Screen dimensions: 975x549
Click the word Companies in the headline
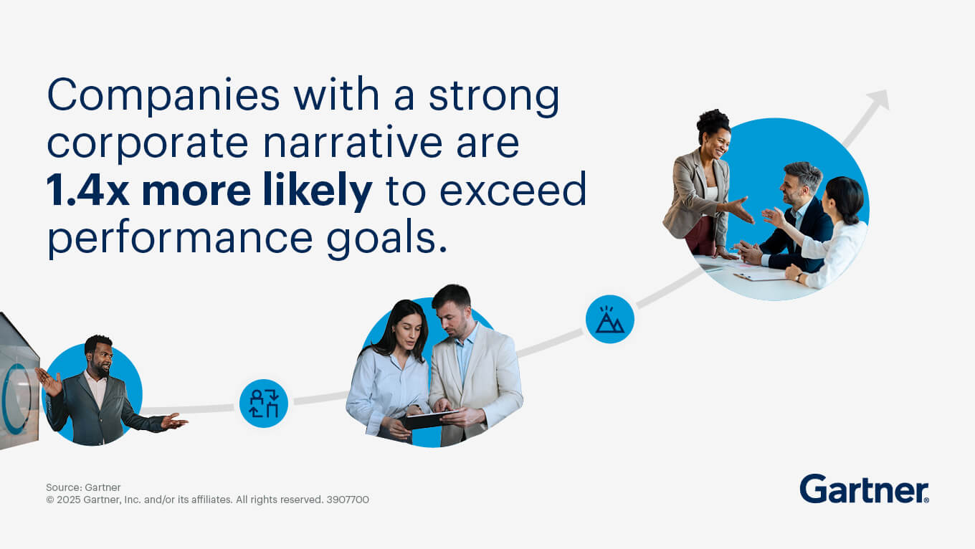pyautogui.click(x=163, y=96)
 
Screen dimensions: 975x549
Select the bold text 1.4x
pyautogui.click(x=87, y=190)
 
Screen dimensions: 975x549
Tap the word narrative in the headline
pyautogui.click(x=353, y=143)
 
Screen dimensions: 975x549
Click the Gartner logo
pyautogui.click(x=864, y=489)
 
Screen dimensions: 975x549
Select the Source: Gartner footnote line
pyautogui.click(x=83, y=487)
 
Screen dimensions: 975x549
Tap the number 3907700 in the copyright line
pyautogui.click(x=348, y=500)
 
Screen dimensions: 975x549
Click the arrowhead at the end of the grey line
pyautogui.click(x=877, y=99)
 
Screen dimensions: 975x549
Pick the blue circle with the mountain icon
pyautogui.click(x=610, y=320)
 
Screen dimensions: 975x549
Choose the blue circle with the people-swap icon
pyautogui.click(x=264, y=404)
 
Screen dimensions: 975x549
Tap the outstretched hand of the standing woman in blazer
pyautogui.click(x=741, y=210)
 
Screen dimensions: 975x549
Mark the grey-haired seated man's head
pyautogui.click(x=801, y=183)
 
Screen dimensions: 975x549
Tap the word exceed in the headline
pyautogui.click(x=513, y=190)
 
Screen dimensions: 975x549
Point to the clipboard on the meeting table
pyautogui.click(x=759, y=275)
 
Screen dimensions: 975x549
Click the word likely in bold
pyautogui.click(x=318, y=191)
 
